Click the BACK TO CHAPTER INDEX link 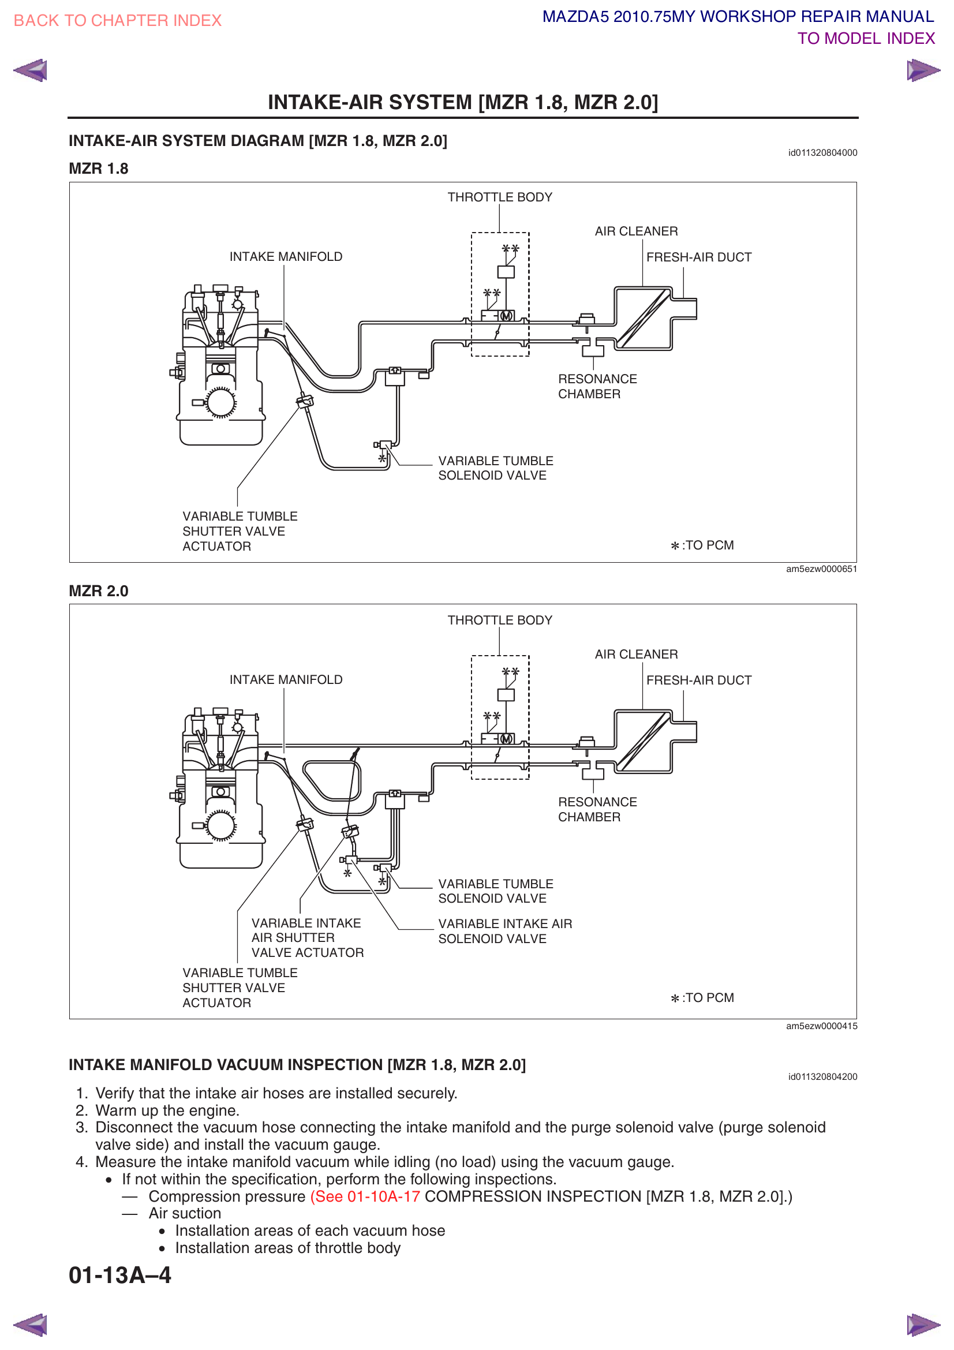tap(118, 21)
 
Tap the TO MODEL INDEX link tap(865, 39)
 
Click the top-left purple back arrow tap(31, 70)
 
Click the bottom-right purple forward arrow tap(922, 1324)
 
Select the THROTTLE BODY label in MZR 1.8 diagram tap(500, 197)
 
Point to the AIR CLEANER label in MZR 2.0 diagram tap(636, 655)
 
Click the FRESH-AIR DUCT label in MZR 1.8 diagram tap(698, 257)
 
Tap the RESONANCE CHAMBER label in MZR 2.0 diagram tap(597, 810)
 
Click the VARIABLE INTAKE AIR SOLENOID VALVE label tap(504, 932)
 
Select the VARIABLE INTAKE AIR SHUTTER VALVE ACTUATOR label tap(307, 938)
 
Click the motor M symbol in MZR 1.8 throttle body tap(506, 316)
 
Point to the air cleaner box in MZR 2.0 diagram tap(643, 741)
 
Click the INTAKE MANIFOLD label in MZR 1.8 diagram tap(286, 257)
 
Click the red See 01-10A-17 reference tap(365, 1196)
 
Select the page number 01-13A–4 tap(120, 1276)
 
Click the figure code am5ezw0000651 tap(821, 569)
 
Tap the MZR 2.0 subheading tap(99, 591)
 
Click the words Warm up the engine tap(167, 1110)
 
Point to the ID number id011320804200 tap(822, 1076)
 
